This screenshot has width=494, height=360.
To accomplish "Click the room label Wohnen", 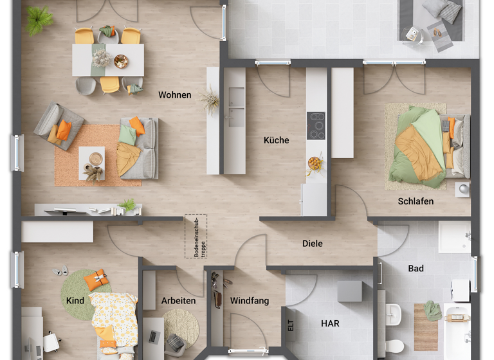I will pyautogui.click(x=175, y=95).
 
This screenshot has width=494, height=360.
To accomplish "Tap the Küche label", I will pyautogui.click(x=276, y=140).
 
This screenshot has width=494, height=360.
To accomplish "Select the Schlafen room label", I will pyautogui.click(x=415, y=201).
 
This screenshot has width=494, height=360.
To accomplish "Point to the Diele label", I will pyautogui.click(x=312, y=244).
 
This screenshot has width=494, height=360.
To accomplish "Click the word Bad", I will pyautogui.click(x=416, y=269).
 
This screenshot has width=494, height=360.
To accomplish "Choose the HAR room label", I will pyautogui.click(x=330, y=323).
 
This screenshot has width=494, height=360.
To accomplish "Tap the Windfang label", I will pyautogui.click(x=250, y=301).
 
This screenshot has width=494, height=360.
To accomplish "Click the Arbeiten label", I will pyautogui.click(x=179, y=301).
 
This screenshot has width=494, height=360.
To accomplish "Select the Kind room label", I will pyautogui.click(x=75, y=301).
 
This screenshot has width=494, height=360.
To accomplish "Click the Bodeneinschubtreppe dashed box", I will pyautogui.click(x=196, y=237).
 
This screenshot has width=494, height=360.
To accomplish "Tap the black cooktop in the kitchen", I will pyautogui.click(x=316, y=125).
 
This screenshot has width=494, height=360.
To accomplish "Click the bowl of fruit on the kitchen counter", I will pyautogui.click(x=315, y=163).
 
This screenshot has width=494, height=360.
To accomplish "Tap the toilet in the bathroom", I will pyautogui.click(x=394, y=346).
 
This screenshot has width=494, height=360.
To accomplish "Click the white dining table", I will pyautogui.click(x=107, y=60).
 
